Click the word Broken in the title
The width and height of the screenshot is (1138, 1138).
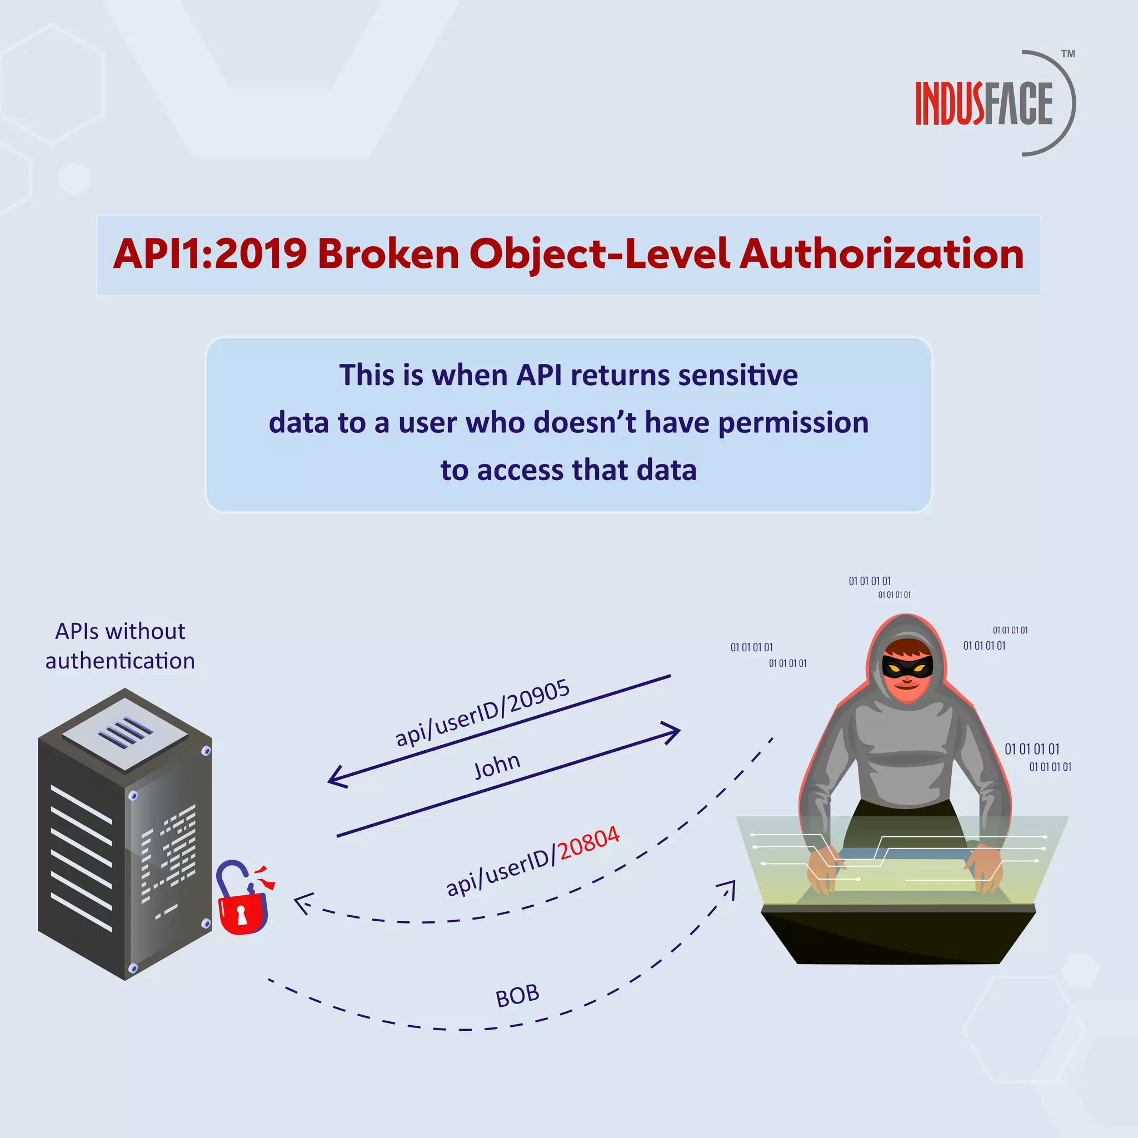(x=388, y=254)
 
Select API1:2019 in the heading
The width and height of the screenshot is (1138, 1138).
(x=209, y=254)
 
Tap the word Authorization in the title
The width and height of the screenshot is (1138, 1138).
(x=881, y=254)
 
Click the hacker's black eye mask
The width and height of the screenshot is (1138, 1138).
(x=907, y=667)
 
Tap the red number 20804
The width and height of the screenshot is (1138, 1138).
(x=588, y=843)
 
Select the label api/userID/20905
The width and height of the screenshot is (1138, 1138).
(x=482, y=713)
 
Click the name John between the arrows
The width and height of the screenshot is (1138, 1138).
(x=497, y=766)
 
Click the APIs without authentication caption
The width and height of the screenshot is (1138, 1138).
(x=120, y=646)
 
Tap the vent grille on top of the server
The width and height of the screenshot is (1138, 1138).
(x=125, y=733)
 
